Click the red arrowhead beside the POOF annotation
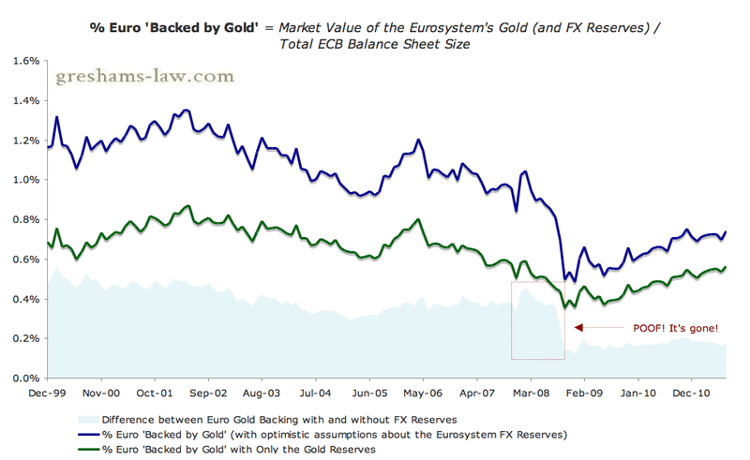click(x=578, y=328)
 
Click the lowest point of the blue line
click(x=575, y=282)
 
